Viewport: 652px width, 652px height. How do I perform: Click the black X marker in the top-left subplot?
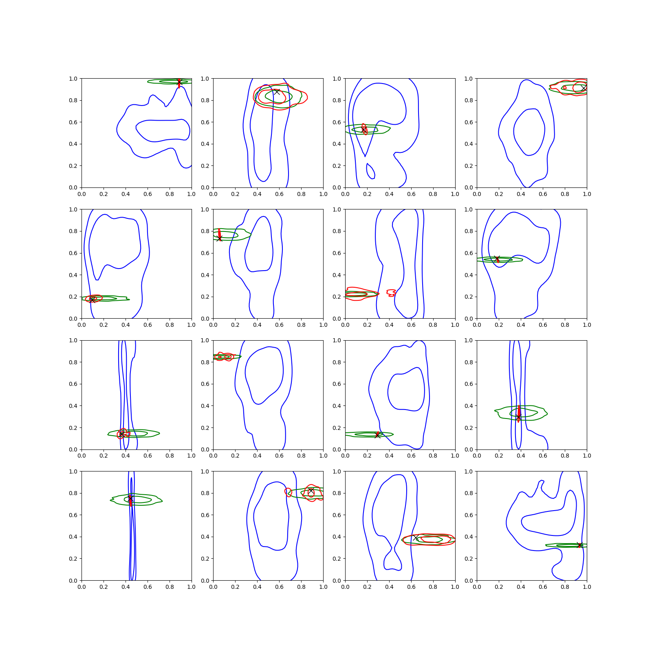click(179, 83)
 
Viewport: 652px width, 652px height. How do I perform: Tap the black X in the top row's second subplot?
click(277, 92)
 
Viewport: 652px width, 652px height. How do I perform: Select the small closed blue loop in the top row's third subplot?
click(370, 171)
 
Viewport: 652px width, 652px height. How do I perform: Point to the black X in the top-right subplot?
click(584, 88)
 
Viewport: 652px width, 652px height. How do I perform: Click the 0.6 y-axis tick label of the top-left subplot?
click(73, 122)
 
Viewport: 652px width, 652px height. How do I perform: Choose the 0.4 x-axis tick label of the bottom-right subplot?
click(521, 587)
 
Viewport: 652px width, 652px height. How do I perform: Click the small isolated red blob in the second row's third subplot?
click(391, 293)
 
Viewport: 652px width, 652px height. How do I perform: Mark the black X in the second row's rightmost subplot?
click(497, 259)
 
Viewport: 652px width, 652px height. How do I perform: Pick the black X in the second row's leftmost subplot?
click(93, 300)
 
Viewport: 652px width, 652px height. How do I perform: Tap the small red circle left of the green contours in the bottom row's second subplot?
click(288, 492)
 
